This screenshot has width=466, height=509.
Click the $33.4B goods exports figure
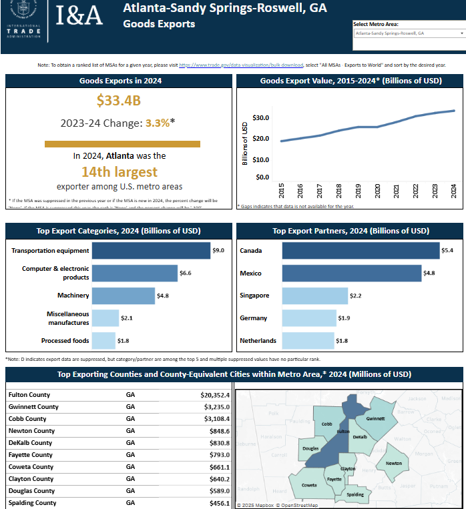click(118, 101)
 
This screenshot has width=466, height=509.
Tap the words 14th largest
click(120, 171)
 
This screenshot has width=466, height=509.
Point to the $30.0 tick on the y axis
click(260, 118)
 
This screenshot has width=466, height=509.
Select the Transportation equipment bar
click(151, 251)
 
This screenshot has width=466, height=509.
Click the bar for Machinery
click(123, 296)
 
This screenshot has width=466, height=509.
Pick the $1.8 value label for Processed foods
click(123, 341)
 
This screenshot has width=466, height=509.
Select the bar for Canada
click(361, 251)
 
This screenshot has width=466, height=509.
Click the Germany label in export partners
click(254, 318)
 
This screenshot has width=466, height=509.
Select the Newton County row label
click(31, 431)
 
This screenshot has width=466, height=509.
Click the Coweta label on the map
click(308, 485)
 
